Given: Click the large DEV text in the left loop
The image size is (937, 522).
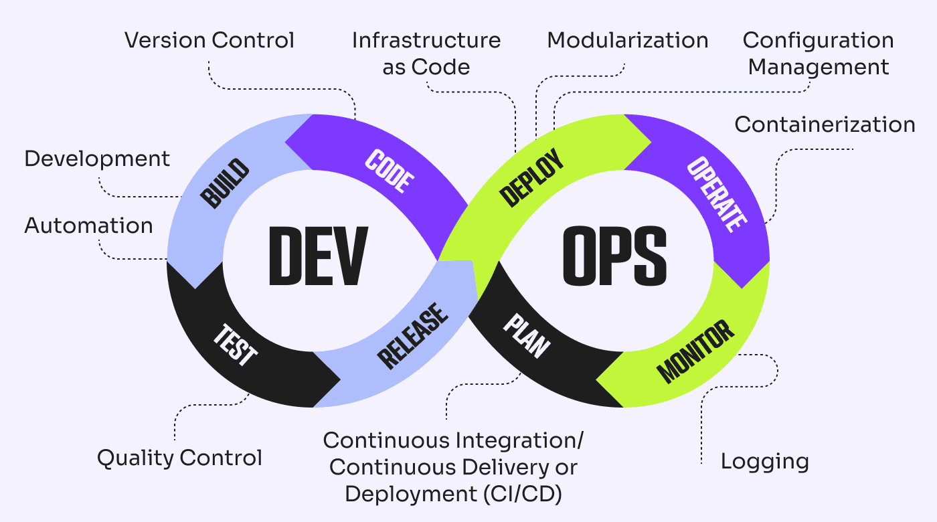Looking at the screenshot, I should (318, 257).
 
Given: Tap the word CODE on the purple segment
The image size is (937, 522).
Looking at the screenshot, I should (390, 172).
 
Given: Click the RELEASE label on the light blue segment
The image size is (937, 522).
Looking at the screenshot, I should (413, 337).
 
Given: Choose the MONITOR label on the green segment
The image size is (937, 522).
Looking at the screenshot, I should (695, 351).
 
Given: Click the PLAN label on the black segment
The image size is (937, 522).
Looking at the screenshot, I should (527, 337).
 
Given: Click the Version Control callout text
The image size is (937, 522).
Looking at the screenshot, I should (209, 40).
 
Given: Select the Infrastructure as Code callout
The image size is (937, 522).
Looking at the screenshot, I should (426, 54).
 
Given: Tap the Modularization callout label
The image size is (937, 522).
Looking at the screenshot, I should (628, 40).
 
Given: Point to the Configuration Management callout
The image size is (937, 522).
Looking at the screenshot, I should (818, 54).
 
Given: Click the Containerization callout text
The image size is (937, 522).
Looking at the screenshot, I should (825, 124).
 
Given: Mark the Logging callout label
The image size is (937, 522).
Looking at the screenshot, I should (764, 461).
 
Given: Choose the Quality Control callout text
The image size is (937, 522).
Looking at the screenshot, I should (179, 458).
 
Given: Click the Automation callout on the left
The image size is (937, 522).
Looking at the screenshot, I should (89, 226).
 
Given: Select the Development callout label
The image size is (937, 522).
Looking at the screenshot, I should (97, 159).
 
